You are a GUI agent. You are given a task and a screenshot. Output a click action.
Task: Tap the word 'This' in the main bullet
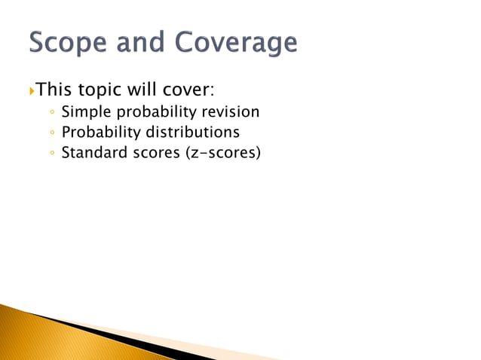point(53,90)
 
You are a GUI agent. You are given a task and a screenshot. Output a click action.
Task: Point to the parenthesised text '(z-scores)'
point(227,154)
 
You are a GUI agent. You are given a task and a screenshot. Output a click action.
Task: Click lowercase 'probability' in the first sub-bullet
point(153,113)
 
